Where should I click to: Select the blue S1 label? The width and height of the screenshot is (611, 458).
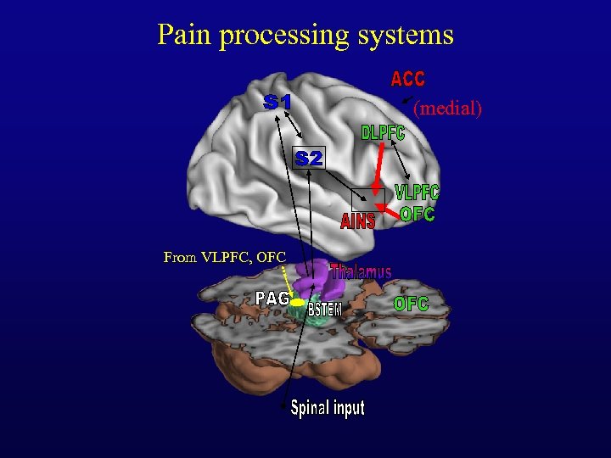tap(277, 102)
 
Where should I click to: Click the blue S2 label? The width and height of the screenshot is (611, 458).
tap(309, 158)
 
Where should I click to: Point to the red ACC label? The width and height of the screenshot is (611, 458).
tap(407, 79)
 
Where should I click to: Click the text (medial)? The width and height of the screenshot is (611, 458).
tap(446, 108)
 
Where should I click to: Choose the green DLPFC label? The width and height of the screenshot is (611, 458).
tap(383, 133)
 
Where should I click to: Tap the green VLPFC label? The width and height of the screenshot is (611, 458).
tap(417, 193)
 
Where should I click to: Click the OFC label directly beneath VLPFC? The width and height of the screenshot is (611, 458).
tap(418, 214)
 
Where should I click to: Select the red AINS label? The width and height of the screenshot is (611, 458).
tap(357, 222)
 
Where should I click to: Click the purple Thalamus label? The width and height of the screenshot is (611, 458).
tap(362, 272)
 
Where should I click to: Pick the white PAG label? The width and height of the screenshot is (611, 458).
tap(272, 298)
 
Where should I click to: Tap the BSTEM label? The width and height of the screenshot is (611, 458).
tap(324, 310)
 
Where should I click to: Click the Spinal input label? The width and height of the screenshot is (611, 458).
tap(328, 408)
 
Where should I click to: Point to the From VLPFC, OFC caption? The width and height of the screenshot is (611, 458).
tap(225, 257)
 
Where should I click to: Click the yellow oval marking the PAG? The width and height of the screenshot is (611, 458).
tap(297, 301)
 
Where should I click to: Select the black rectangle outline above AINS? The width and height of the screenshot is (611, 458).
tap(367, 198)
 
